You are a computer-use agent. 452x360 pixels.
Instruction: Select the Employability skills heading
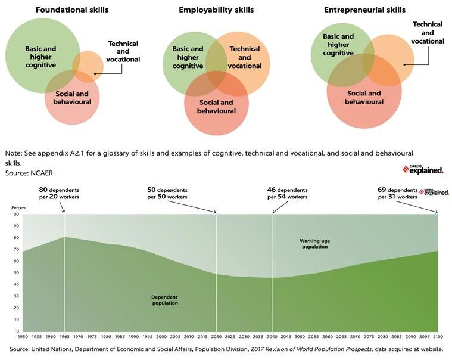[216, 10]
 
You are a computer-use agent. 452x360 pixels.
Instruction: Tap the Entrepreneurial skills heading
[364, 10]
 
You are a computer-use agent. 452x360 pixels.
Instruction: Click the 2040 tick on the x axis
[272, 337]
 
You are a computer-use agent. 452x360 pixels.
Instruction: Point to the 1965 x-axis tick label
[64, 337]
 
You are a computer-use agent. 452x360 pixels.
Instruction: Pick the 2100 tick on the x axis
[438, 337]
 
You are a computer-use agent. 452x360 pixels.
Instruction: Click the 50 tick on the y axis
[15, 273]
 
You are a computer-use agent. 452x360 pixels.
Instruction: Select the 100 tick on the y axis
[15, 215]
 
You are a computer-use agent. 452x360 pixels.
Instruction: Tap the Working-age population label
[314, 243]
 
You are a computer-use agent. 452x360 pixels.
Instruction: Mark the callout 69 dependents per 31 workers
[397, 193]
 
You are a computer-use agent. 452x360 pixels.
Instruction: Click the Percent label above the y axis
[19, 207]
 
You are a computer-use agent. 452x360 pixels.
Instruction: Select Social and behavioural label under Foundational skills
[73, 98]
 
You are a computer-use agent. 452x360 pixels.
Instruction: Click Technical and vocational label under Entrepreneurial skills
[428, 32]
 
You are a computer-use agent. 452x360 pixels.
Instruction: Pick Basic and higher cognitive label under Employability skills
[188, 57]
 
